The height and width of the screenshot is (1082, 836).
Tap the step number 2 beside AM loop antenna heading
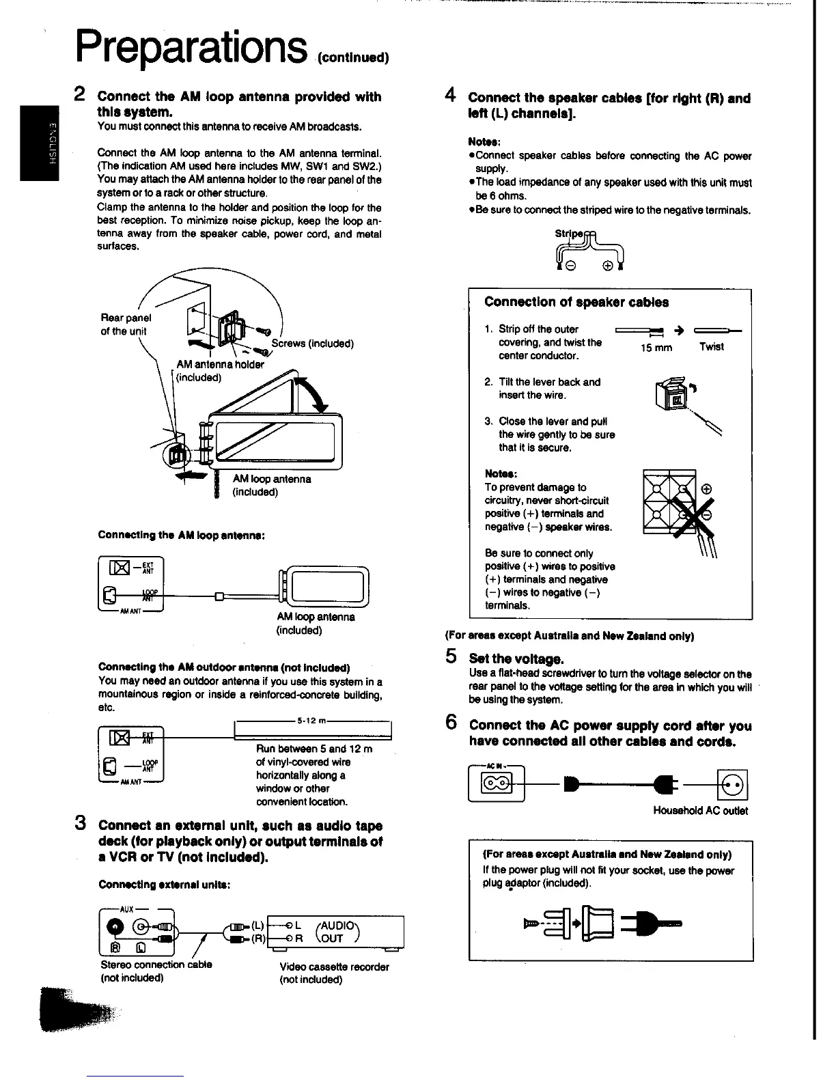[x=79, y=94]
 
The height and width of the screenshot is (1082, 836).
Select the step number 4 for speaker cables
[x=450, y=96]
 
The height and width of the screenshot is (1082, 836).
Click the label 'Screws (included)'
[x=312, y=344]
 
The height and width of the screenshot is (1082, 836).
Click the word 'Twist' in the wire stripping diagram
[x=711, y=347]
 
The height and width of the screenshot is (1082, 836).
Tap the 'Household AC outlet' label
[x=700, y=811]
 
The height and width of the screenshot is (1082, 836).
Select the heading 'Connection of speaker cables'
[x=576, y=302]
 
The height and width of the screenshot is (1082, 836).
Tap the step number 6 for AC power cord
[x=451, y=723]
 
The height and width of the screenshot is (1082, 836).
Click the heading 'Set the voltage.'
[x=516, y=659]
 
